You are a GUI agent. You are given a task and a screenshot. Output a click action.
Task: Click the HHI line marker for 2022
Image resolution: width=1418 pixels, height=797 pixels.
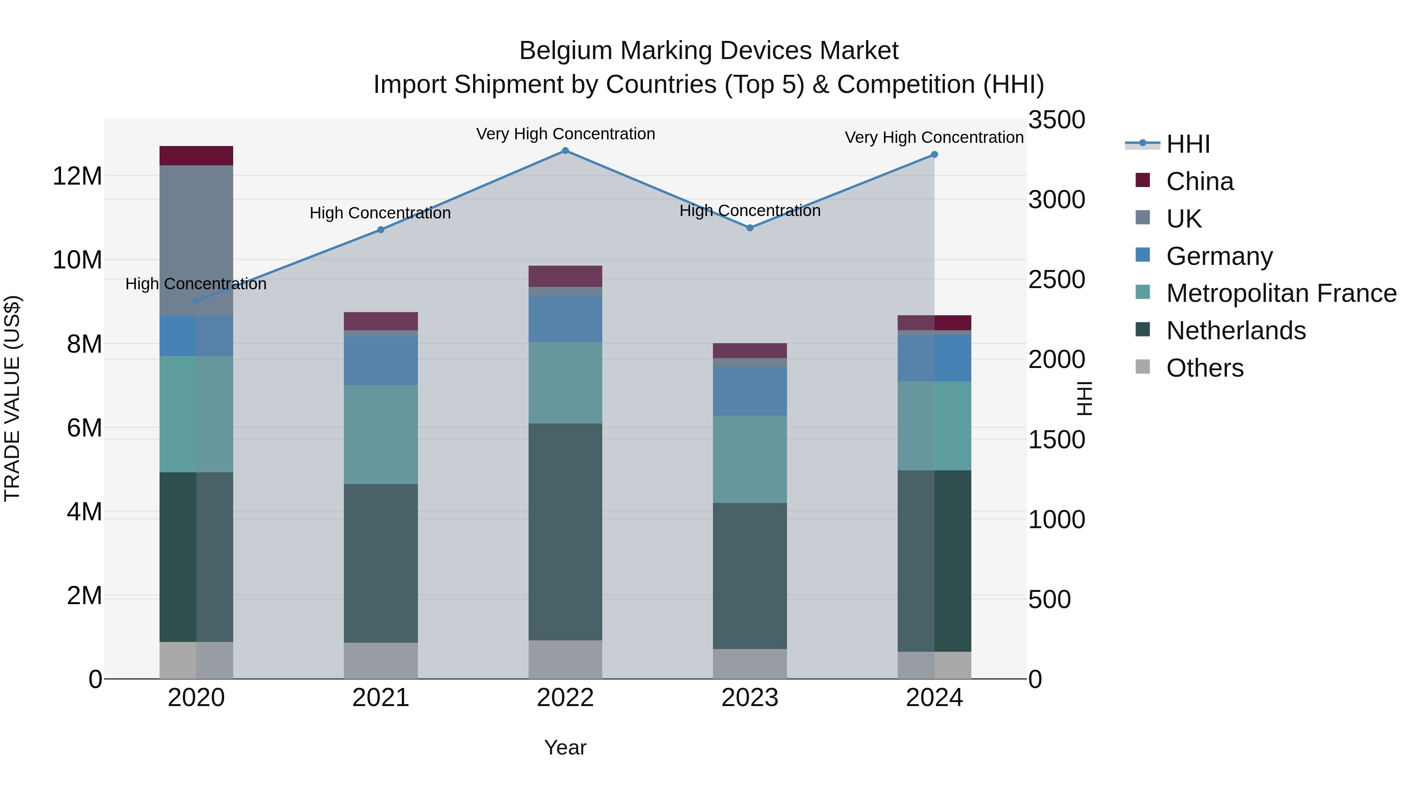pos(565,151)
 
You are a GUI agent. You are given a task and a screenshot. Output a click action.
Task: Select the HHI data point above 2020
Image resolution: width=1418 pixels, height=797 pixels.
pos(196,301)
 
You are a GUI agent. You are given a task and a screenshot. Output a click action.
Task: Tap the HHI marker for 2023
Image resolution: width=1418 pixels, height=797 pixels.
pos(750,228)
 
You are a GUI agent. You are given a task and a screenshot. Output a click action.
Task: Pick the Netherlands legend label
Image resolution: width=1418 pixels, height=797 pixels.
pos(1235,331)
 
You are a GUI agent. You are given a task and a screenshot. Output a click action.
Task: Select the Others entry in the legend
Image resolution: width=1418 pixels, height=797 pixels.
pos(1205,368)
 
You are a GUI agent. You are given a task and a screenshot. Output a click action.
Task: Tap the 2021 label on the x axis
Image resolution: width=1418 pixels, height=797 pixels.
pos(380,698)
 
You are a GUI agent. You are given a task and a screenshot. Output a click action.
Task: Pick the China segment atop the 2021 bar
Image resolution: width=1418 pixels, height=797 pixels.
pos(380,321)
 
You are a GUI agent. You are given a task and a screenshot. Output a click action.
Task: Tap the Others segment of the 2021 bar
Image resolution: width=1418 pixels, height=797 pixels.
pos(380,660)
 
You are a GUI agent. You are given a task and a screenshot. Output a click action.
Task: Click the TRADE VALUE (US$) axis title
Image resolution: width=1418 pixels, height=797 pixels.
pos(12,398)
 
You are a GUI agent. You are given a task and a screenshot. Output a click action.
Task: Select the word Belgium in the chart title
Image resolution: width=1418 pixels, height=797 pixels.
pos(566,51)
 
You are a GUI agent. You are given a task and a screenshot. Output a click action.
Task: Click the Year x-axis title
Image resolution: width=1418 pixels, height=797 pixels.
pos(565,747)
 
